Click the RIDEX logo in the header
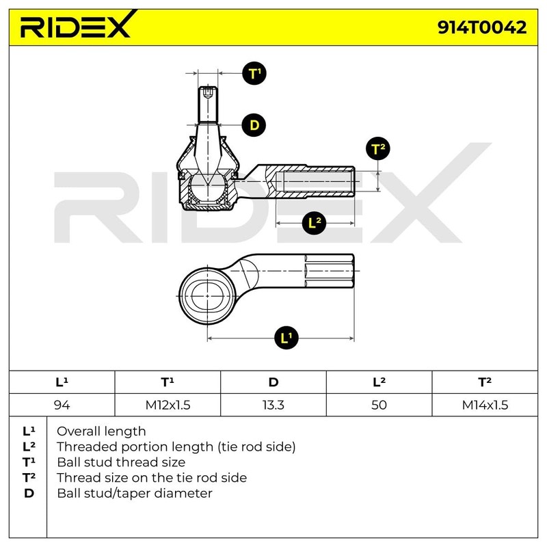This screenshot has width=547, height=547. tap(75, 27)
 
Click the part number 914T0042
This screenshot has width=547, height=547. tap(482, 27)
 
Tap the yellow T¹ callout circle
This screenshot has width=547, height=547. tap(255, 73)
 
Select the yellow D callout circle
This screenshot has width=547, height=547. tap(254, 124)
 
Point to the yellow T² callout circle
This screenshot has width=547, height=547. tap(378, 148)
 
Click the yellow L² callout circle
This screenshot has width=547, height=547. tap(314, 222)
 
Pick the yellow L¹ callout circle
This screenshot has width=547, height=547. tap(286, 337)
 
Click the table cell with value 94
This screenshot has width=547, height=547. tap(62, 404)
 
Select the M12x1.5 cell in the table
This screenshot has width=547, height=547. tap(168, 404)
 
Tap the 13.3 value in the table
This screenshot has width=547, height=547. tap(273, 404)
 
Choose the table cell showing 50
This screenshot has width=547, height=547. tap(379, 404)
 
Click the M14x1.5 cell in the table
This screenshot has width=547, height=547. tap(485, 404)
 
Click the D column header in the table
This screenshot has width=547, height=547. tap(273, 382)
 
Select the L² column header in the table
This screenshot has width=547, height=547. tap(379, 382)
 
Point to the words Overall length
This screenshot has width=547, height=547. tap(101, 431)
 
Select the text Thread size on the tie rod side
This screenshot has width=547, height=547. tap(152, 477)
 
